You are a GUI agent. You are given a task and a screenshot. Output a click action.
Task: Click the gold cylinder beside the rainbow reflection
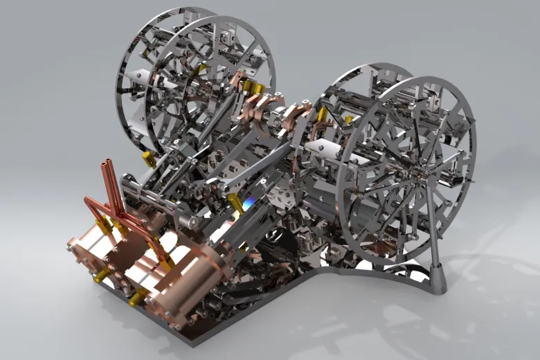[244, 246]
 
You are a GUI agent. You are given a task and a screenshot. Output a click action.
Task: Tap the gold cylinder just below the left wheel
[148, 160]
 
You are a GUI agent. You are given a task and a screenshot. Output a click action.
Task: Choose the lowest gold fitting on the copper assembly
[136, 298]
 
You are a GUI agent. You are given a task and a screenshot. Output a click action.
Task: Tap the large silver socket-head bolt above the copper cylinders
[183, 222]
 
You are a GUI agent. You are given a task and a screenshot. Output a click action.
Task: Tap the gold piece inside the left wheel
[201, 69]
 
